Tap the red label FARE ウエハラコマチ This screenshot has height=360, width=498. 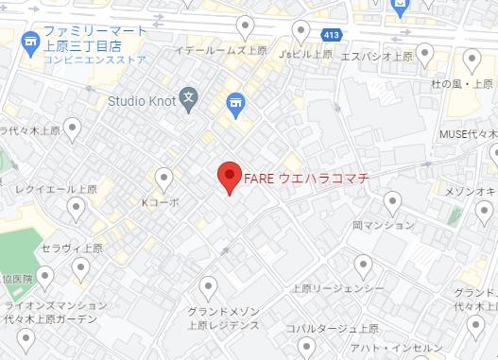(305, 177)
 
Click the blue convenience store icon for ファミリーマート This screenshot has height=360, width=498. (30, 43)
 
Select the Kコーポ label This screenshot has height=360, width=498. (160, 202)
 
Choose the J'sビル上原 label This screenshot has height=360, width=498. (304, 54)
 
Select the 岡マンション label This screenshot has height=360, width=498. (383, 225)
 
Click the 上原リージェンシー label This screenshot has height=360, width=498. (337, 288)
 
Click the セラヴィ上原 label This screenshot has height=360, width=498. (73, 248)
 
